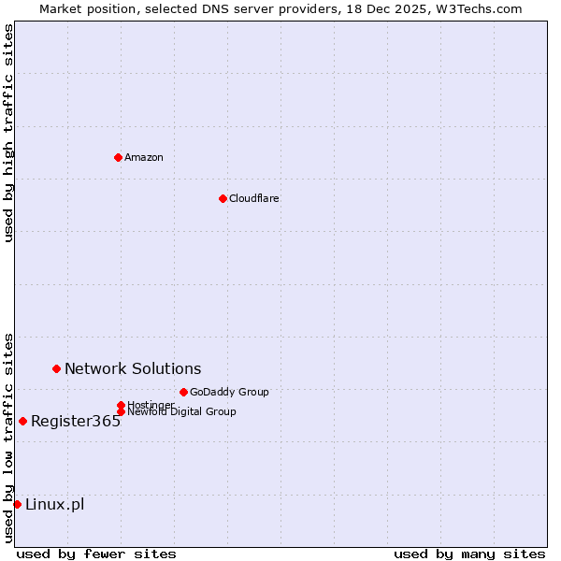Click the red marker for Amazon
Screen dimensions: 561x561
[118, 157]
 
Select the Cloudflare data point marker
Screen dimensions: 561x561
[223, 198]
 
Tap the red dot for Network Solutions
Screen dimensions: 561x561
[56, 368]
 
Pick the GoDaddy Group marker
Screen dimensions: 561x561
[183, 392]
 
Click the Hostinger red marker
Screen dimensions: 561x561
[121, 405]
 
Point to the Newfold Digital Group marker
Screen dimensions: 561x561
[121, 411]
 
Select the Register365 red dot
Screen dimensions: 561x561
[22, 421]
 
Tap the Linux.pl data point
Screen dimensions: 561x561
[17, 504]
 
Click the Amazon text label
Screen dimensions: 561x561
[144, 157]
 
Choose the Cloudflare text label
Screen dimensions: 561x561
[254, 198]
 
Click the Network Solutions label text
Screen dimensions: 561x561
[133, 368]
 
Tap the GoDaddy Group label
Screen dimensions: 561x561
[229, 392]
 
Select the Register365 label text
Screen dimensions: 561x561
[76, 421]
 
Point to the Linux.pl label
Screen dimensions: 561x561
[54, 504]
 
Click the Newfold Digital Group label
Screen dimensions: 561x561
[181, 412]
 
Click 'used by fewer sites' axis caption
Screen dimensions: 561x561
[96, 554]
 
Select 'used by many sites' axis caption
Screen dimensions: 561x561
[469, 554]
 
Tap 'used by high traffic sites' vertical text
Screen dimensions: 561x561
[8, 133]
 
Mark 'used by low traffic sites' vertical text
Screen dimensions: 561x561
[8, 437]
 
